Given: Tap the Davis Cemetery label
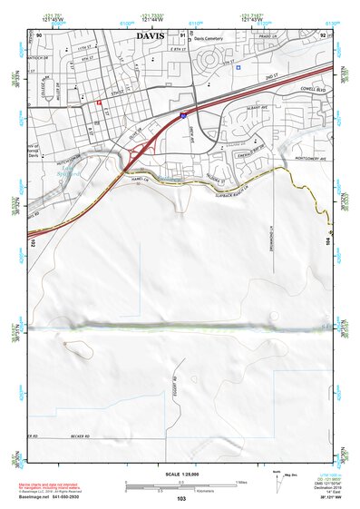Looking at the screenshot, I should [x=206, y=39].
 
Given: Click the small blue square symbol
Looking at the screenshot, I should [x=238, y=67].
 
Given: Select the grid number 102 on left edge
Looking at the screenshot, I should [x=32, y=242].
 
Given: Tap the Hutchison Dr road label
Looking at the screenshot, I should [x=43, y=160].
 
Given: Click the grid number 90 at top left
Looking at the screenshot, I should [x=39, y=35].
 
